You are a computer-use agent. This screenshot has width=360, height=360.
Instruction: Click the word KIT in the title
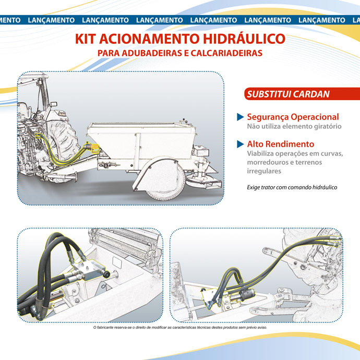click(x=87, y=39)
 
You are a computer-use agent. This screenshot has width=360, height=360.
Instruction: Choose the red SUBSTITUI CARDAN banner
click(x=288, y=94)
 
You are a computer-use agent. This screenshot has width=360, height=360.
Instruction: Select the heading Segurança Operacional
click(x=293, y=117)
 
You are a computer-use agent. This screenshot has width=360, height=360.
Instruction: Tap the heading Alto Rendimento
click(x=280, y=143)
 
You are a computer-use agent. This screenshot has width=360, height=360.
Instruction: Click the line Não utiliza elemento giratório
click(x=294, y=126)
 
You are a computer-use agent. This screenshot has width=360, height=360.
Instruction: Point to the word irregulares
click(x=263, y=171)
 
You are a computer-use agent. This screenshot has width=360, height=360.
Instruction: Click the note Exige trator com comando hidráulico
click(x=292, y=187)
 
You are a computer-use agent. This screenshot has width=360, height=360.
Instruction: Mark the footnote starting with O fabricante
click(x=179, y=328)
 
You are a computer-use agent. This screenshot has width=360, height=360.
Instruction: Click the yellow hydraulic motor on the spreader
click(x=94, y=149)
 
